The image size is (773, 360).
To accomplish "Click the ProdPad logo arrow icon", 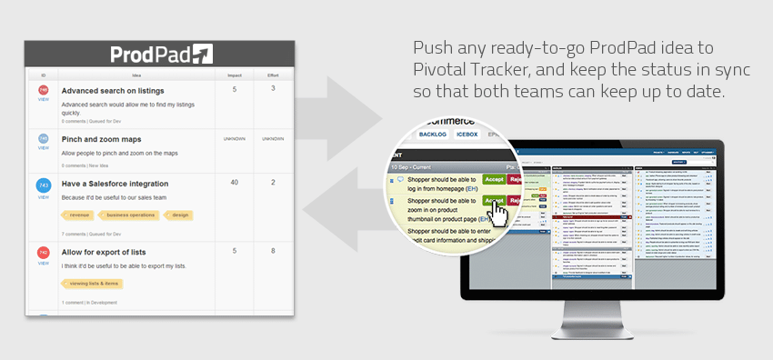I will pos(202,54).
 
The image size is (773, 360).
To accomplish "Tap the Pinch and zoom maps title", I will pos(101,139).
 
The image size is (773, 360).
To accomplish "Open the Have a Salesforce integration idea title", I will pos(115,184).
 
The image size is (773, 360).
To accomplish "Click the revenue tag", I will pos(79,215).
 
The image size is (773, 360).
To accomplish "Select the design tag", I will pos(179,215).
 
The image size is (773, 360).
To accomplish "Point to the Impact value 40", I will pos(234,183).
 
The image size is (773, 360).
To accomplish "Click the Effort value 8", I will pos(273,251).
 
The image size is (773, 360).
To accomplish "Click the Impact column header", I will pos(234,75).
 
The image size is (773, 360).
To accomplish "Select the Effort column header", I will pos(273,75).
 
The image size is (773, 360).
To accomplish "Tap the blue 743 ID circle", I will pos(43,185).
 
